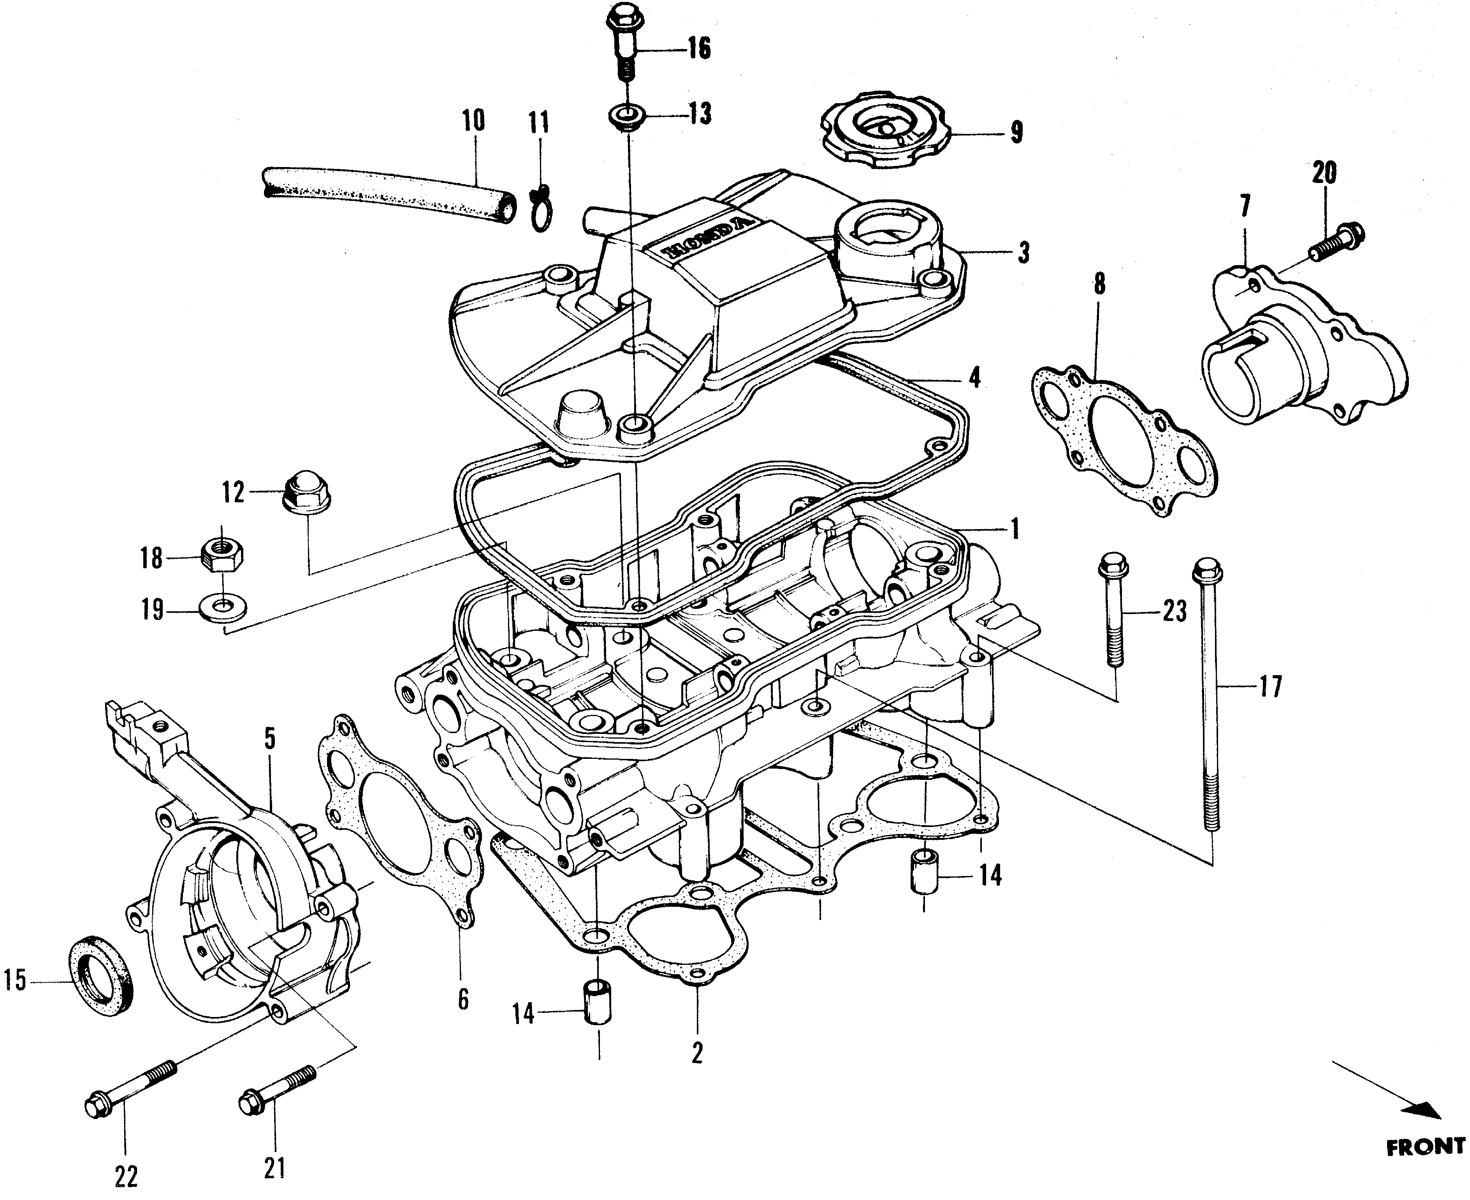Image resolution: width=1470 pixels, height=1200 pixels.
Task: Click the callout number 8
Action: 1099,285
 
